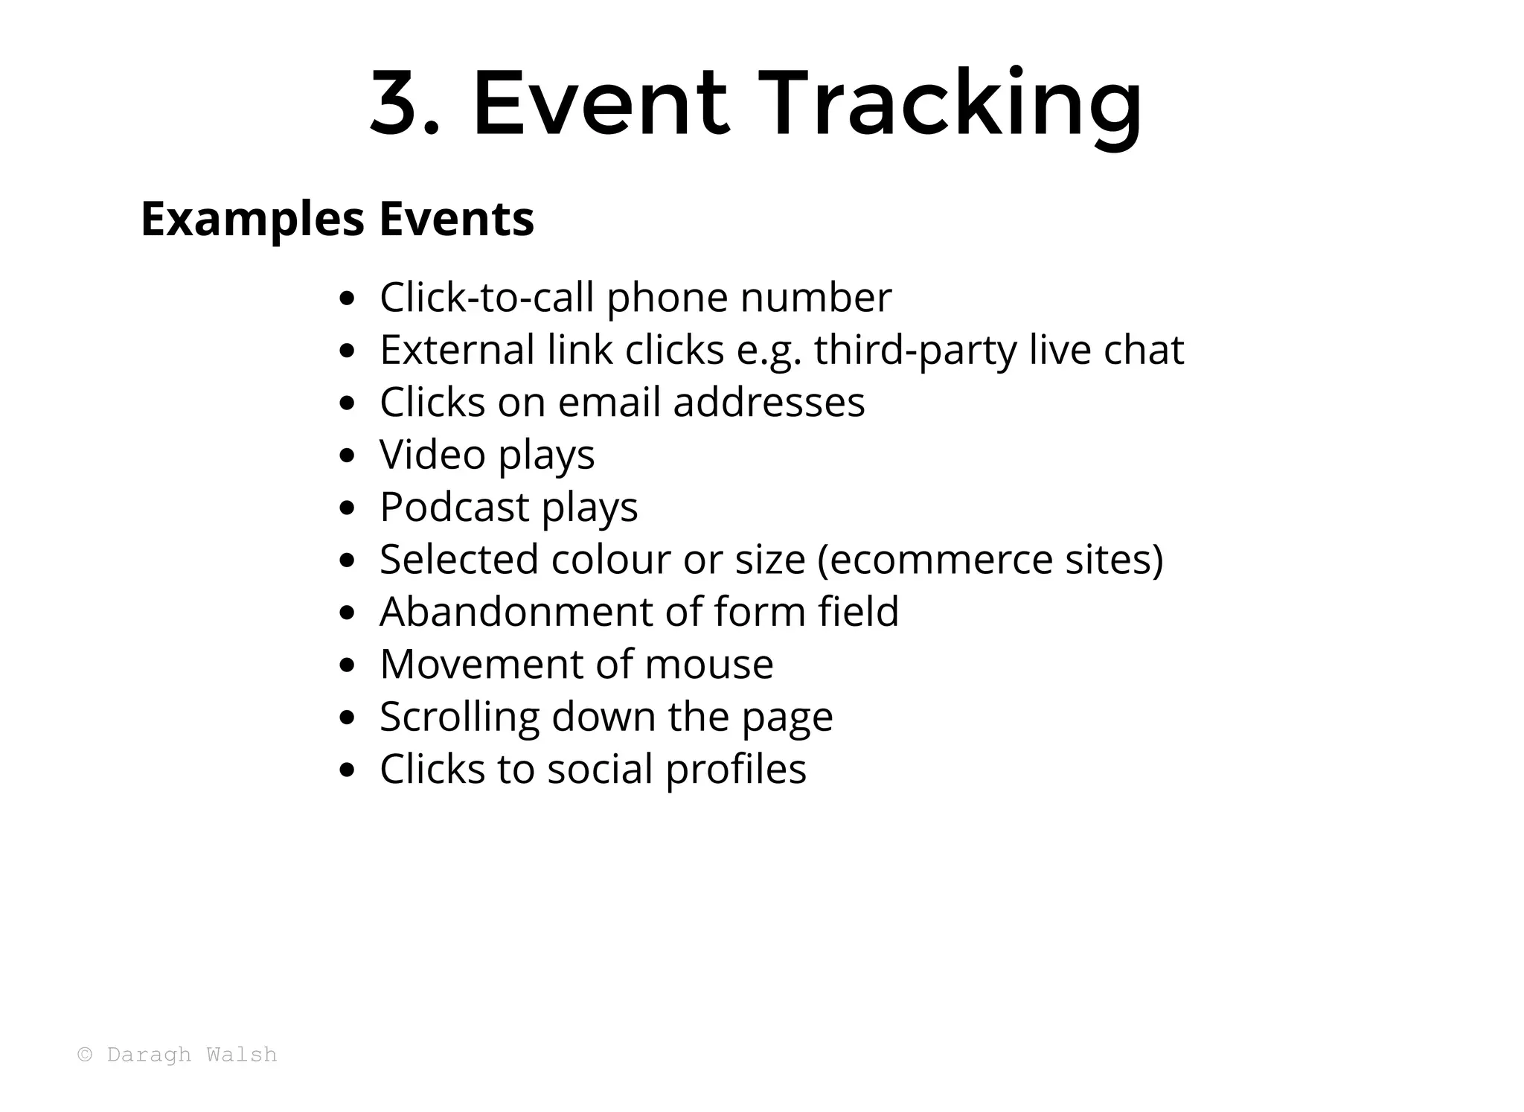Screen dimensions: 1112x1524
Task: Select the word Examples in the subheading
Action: pyautogui.click(x=252, y=220)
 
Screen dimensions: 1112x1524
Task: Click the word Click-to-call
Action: pyautogui.click(x=487, y=298)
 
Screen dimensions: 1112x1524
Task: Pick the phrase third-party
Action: pyautogui.click(x=915, y=351)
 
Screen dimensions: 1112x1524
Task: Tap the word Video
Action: pyautogui.click(x=432, y=455)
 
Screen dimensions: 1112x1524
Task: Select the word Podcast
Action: pyautogui.click(x=454, y=507)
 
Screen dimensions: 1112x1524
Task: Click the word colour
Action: pyautogui.click(x=610, y=560)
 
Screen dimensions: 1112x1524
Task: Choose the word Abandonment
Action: pyautogui.click(x=516, y=612)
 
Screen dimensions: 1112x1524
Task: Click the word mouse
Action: pyautogui.click(x=708, y=664)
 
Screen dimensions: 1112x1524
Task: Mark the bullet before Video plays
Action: pyautogui.click(x=346, y=456)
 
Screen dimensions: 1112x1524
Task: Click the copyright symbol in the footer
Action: pyautogui.click(x=86, y=1055)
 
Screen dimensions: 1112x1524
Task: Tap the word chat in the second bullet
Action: pyautogui.click(x=1143, y=350)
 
